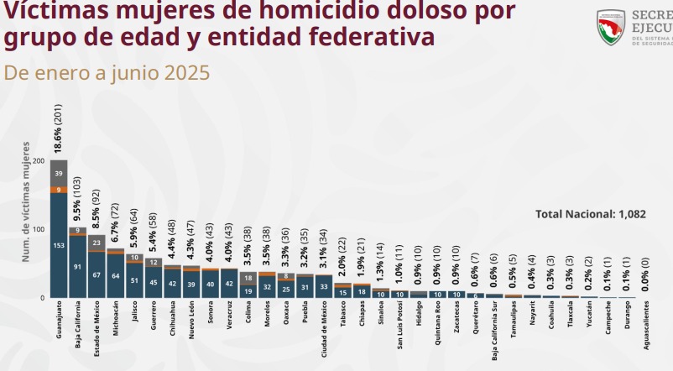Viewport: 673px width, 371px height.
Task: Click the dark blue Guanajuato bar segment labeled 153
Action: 59,244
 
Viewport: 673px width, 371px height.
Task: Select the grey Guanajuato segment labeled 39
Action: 59,173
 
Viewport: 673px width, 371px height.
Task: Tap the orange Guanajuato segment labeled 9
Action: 59,190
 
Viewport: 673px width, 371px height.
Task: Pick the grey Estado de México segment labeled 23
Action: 97,243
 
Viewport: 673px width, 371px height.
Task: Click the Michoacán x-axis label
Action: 116,322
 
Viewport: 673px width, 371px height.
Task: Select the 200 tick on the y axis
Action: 39,160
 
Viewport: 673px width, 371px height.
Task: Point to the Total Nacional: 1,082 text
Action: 590,214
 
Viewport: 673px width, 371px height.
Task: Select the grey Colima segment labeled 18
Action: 248,278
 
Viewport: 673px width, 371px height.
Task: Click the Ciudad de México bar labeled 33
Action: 324,286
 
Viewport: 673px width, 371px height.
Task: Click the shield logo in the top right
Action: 610,27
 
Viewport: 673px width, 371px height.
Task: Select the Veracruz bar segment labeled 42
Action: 229,284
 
